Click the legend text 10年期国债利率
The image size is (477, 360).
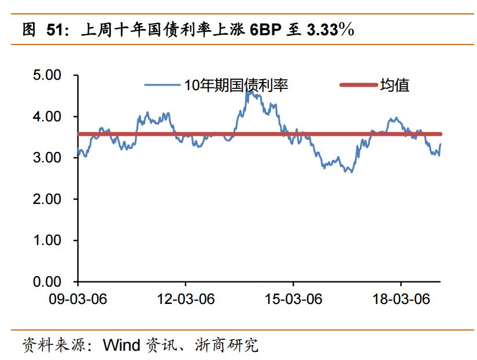click(236, 86)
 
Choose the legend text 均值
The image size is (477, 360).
click(395, 86)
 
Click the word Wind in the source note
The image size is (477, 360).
click(121, 346)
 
